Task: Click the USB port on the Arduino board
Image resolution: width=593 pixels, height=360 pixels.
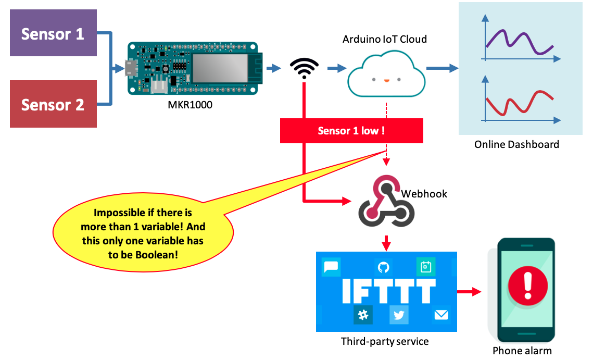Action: (x=131, y=68)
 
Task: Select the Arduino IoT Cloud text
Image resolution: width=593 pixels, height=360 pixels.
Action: (x=385, y=39)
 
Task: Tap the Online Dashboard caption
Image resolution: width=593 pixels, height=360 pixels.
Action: (x=516, y=144)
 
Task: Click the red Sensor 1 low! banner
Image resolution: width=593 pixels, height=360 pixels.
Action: (x=351, y=131)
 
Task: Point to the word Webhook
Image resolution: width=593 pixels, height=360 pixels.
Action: (x=424, y=194)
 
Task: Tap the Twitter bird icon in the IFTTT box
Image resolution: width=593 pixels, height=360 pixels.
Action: (x=399, y=315)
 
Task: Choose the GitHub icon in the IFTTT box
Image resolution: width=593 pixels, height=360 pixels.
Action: (x=383, y=267)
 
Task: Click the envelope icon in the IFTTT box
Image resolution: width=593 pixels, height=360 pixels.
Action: (x=440, y=314)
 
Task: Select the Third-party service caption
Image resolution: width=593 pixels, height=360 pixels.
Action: (x=385, y=342)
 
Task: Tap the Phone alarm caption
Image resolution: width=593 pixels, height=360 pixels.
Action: (x=522, y=351)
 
